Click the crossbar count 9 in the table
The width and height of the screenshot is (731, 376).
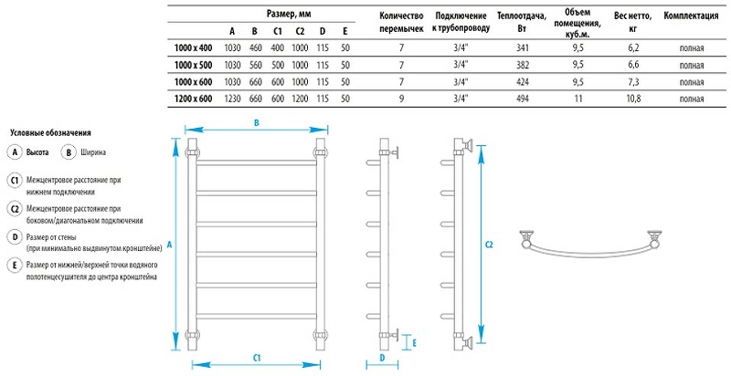point(400,98)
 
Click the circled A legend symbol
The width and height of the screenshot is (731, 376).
point(14,152)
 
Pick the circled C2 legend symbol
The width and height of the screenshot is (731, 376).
point(14,209)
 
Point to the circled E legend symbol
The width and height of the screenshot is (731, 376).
point(14,266)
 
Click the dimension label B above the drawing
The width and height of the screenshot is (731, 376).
point(257,122)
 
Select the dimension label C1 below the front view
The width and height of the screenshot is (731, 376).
point(257,356)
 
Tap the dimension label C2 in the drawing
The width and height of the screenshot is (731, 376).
point(489,245)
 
